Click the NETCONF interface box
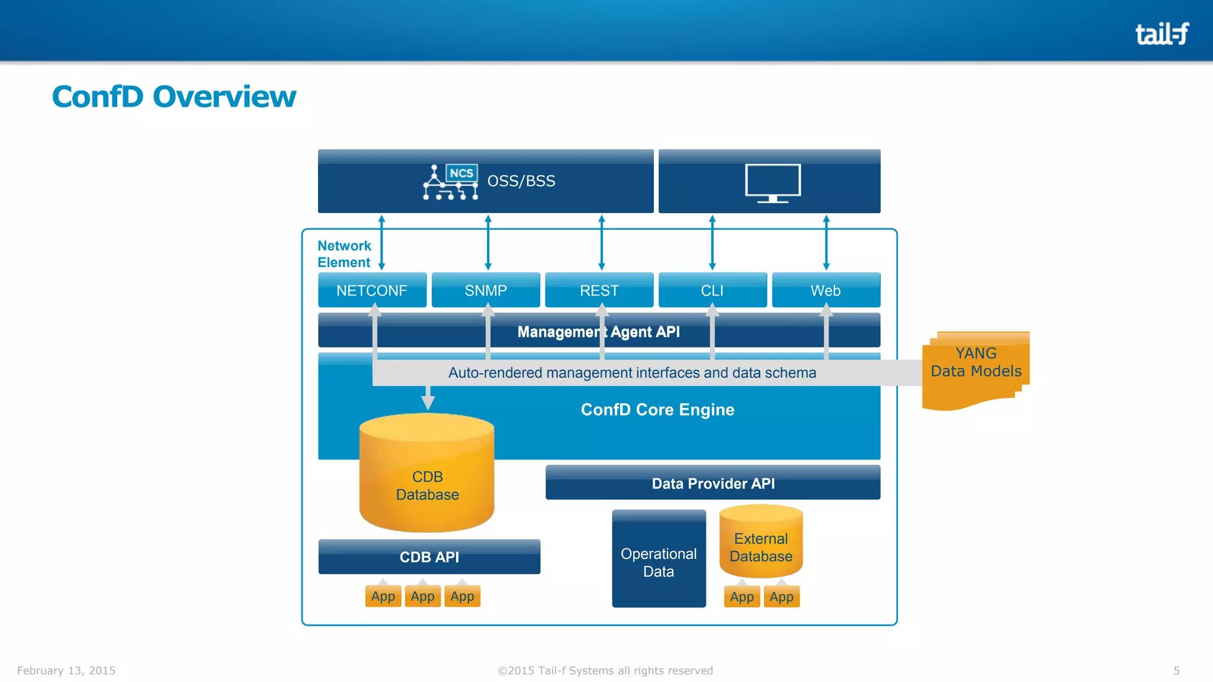(372, 291)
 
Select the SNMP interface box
(486, 291)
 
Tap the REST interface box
(599, 291)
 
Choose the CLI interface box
(712, 291)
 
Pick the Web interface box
(826, 291)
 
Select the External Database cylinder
(760, 545)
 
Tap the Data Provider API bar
(713, 483)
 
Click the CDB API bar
(429, 557)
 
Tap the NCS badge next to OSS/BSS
(461, 173)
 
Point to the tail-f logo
(1161, 34)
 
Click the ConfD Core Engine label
(657, 410)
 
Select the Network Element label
(344, 254)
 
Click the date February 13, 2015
(66, 670)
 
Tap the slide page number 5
(1176, 670)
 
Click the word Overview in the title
(224, 96)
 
